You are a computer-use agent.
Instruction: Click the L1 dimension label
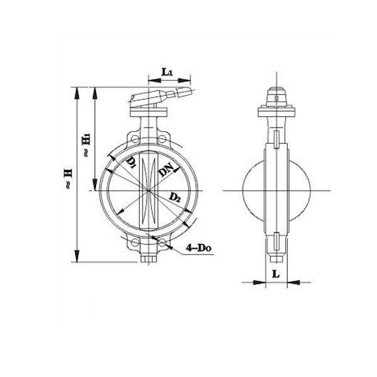(168, 73)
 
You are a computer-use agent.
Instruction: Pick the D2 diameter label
(176, 198)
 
